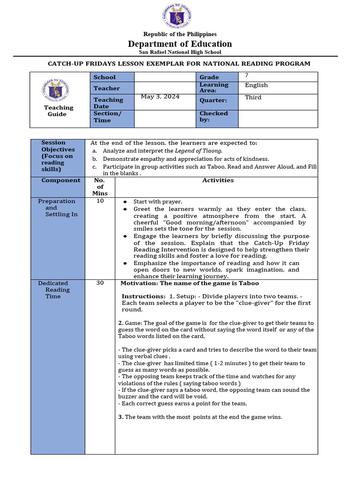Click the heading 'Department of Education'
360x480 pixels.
180,44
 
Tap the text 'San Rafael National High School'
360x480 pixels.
180,52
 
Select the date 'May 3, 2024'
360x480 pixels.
160,97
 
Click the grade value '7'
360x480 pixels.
247,75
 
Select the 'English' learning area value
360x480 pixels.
256,85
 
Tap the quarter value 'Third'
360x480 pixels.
253,97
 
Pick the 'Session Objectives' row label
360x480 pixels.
58,156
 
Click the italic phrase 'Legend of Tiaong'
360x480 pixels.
198,151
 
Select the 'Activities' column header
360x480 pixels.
218,180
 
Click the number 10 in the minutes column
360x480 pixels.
100,201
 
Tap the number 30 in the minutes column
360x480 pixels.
100,283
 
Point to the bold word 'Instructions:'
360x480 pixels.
143,296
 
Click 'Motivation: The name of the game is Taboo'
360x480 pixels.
190,283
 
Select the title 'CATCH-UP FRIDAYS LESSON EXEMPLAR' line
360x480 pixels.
180,64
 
